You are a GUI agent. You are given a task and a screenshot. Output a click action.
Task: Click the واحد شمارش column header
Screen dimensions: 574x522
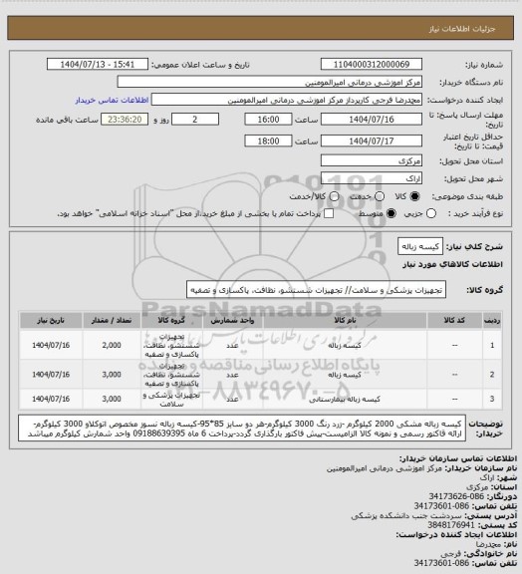tap(231, 321)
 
